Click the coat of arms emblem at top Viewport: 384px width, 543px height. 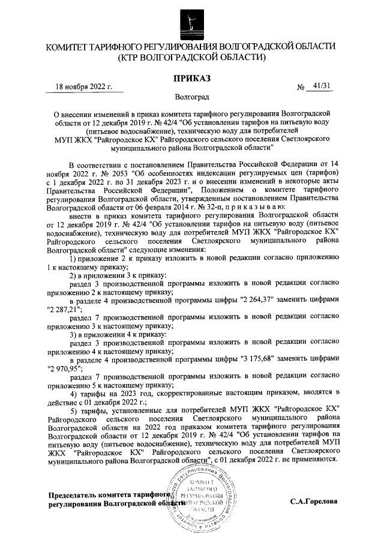192,22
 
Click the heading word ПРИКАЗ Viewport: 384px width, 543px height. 193,79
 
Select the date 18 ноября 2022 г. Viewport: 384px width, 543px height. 84,86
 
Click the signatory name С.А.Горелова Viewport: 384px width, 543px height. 314,500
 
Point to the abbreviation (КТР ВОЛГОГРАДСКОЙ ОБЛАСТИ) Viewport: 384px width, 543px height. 192,58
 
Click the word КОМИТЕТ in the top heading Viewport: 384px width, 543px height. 71,47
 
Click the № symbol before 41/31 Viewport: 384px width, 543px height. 301,88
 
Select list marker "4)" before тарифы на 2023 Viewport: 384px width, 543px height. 74,393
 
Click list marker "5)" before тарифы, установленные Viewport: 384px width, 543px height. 74,410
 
